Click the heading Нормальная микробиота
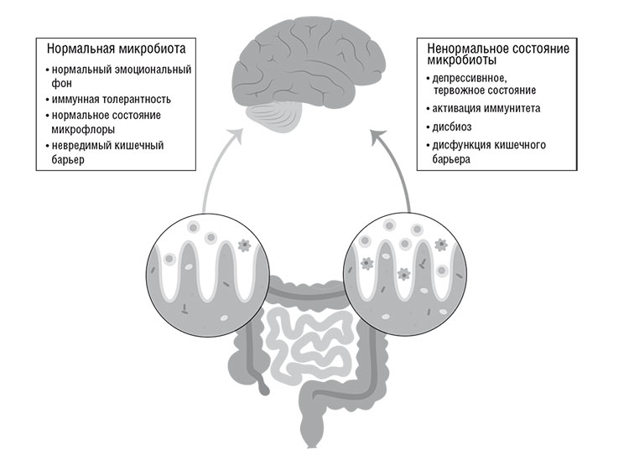[x=116, y=49]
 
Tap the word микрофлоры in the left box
[x=83, y=129]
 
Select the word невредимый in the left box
[x=81, y=145]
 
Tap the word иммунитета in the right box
[x=510, y=109]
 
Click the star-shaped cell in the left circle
[x=246, y=246]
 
